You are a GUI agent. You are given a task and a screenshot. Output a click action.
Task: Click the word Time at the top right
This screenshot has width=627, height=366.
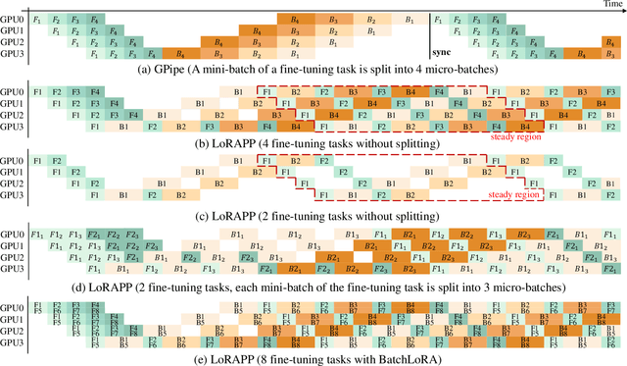[613, 5]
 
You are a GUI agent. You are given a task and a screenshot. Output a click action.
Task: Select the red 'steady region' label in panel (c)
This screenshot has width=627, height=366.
[540, 196]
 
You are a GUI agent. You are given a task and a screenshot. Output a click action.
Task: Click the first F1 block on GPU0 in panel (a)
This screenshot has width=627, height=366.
[37, 20]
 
